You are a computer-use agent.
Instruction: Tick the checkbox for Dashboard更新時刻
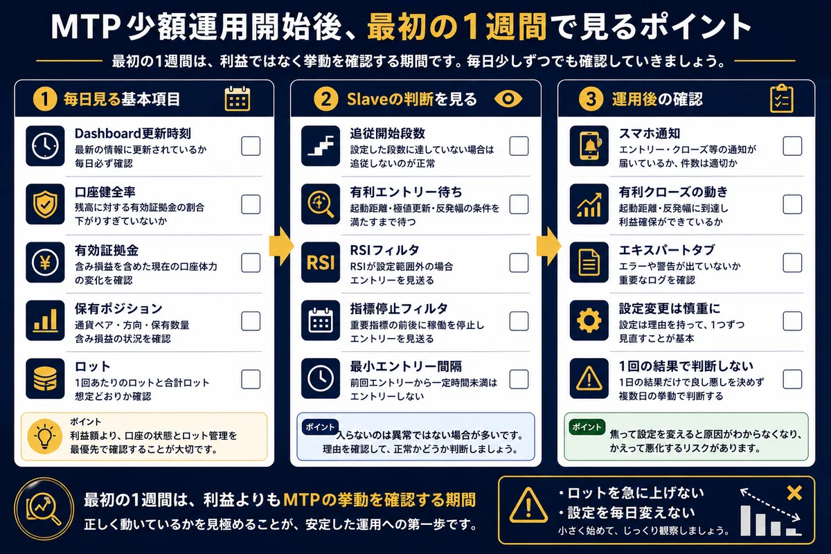[251, 146]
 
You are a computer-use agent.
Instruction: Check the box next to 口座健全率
[251, 204]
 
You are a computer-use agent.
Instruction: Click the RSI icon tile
[321, 262]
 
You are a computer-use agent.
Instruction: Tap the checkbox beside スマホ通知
[792, 146]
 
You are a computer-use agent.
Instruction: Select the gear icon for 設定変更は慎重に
[589, 321]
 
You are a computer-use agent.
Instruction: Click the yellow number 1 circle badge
[45, 99]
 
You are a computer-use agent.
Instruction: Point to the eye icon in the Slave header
[508, 99]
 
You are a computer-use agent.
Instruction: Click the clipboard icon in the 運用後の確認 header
[782, 98]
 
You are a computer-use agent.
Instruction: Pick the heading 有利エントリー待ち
[406, 192]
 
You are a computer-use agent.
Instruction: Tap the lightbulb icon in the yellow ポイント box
[45, 437]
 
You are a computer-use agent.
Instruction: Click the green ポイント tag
[587, 427]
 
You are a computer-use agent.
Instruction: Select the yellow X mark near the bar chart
[794, 493]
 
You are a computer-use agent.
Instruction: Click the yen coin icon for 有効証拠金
[45, 262]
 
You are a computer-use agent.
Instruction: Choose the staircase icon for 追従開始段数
[321, 146]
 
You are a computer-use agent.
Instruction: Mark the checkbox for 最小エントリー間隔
[519, 379]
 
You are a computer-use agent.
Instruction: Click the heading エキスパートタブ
[667, 250]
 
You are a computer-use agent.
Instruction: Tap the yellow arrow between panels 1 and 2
[282, 247]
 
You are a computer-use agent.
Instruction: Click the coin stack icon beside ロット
[45, 379]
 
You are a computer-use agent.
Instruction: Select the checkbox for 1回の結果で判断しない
[792, 379]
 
